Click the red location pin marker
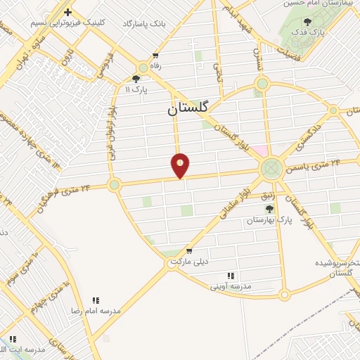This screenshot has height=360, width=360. point(180,165)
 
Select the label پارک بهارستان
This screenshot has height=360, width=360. point(268,221)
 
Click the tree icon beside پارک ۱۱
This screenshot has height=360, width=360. point(136,79)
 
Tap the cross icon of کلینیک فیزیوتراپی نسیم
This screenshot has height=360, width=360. point(67,12)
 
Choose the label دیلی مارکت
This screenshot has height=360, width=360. point(191,262)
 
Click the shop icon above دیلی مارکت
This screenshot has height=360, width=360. point(188,251)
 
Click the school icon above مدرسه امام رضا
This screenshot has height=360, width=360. point(96,300)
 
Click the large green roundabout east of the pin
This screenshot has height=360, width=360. point(271,169)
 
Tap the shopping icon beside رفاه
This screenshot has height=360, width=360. point(155,56)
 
